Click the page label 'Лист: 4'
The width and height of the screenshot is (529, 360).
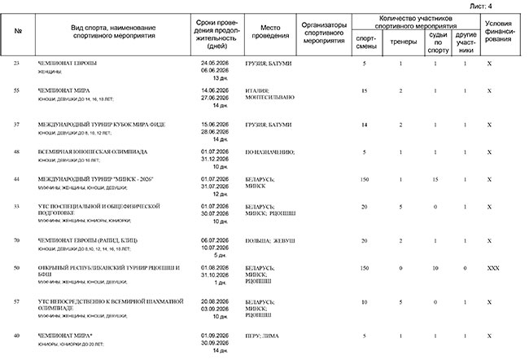point(505,6)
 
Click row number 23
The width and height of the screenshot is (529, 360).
point(18,63)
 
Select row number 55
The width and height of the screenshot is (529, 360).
point(18,90)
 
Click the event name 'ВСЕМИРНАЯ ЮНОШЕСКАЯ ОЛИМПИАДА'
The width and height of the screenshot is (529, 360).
point(93,151)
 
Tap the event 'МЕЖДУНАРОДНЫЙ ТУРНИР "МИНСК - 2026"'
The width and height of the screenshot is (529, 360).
point(96,178)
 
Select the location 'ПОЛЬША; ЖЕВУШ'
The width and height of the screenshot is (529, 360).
point(265,240)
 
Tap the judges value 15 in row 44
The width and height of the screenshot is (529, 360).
point(436,178)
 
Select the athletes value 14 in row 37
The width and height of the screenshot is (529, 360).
point(365,125)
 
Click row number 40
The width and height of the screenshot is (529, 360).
point(18,336)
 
